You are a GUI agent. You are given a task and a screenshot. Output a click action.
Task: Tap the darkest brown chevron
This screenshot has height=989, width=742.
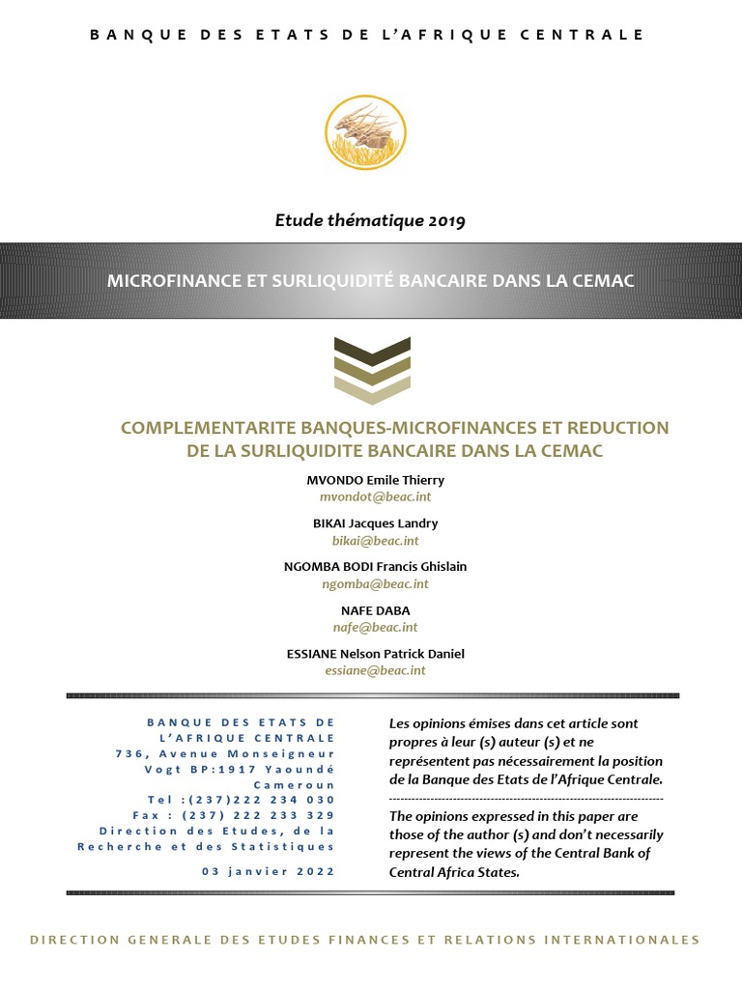pyautogui.click(x=372, y=349)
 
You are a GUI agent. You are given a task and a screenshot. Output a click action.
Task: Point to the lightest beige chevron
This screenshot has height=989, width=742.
pyautogui.click(x=372, y=391)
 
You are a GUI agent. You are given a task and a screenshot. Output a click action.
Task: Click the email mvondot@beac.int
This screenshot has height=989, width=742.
pyautogui.click(x=372, y=495)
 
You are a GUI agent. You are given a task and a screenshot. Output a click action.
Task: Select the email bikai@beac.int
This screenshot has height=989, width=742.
pyautogui.click(x=372, y=540)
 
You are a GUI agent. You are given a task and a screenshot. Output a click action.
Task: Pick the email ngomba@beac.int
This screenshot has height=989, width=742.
pyautogui.click(x=372, y=583)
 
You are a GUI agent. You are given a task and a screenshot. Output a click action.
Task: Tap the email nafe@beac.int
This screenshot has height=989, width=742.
pyautogui.click(x=372, y=627)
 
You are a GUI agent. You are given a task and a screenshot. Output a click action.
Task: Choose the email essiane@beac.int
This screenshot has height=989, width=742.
pyautogui.click(x=372, y=670)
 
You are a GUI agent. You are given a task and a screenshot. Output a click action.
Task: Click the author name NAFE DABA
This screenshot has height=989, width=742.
pyautogui.click(x=372, y=610)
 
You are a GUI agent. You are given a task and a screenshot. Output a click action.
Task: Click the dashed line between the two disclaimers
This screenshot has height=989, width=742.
pyautogui.click(x=526, y=799)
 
